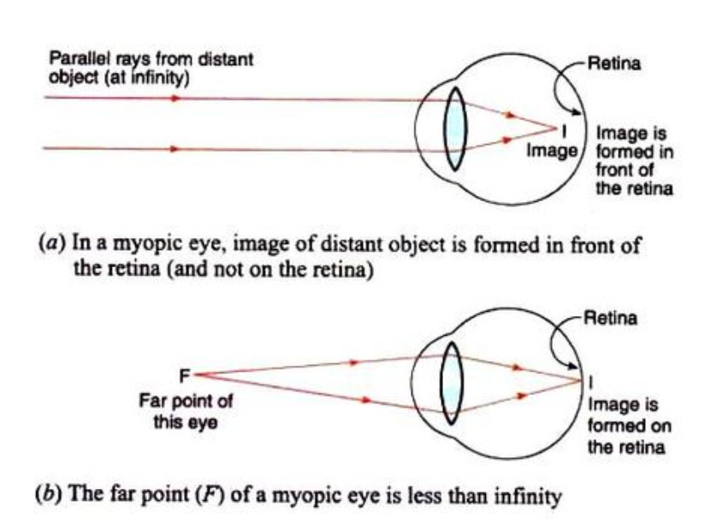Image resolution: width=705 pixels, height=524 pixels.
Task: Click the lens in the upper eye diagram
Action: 455,129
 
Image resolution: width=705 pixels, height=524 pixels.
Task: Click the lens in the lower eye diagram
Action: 451,384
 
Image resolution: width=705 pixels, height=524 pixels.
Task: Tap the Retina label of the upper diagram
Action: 614,63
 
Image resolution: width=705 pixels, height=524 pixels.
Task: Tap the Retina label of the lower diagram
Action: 610,318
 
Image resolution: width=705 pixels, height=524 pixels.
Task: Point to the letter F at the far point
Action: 184,376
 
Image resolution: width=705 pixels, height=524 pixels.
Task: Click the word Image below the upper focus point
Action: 552,151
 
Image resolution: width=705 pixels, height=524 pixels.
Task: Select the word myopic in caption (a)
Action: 147,245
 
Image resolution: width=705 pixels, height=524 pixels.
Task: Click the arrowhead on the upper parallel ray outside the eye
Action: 175,98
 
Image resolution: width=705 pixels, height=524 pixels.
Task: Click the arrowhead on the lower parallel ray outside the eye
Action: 175,149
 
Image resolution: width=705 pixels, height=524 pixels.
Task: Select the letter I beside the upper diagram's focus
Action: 565,131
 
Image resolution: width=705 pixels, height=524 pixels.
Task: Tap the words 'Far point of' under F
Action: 186,401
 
